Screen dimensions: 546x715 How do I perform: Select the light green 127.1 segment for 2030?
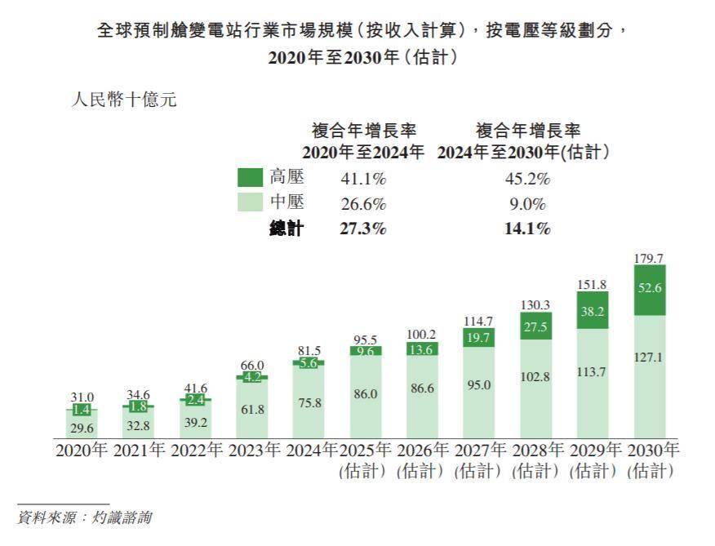tap(649, 375)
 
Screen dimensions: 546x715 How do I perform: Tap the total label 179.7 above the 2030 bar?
tap(649, 258)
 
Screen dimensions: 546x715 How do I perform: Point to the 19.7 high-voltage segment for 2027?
tap(478, 337)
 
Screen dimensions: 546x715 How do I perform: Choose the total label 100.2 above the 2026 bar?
tap(422, 334)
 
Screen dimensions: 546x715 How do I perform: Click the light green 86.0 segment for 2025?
tap(365, 393)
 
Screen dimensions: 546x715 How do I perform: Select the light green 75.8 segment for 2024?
tap(308, 400)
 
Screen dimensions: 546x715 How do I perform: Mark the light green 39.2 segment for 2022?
tap(194, 422)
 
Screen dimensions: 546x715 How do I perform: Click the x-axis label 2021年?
tap(139, 451)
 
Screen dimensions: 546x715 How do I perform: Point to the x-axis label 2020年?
tap(81, 451)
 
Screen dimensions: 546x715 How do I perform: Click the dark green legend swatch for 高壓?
tap(248, 177)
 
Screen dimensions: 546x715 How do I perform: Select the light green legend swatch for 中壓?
tap(248, 203)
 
